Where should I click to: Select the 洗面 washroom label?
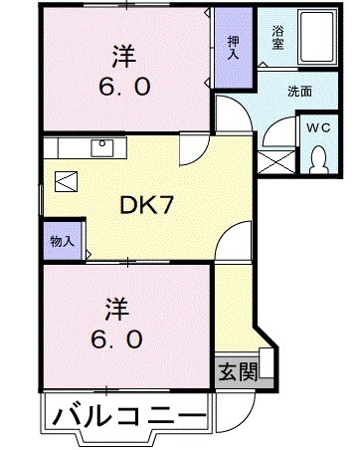click(x=300, y=92)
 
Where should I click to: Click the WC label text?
click(x=318, y=126)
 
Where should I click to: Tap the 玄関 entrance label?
click(x=235, y=372)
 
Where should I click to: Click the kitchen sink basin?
click(x=102, y=148)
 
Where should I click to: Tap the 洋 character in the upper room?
click(x=123, y=54)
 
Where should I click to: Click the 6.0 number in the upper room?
click(x=124, y=86)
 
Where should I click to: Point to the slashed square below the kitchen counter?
click(x=66, y=182)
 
